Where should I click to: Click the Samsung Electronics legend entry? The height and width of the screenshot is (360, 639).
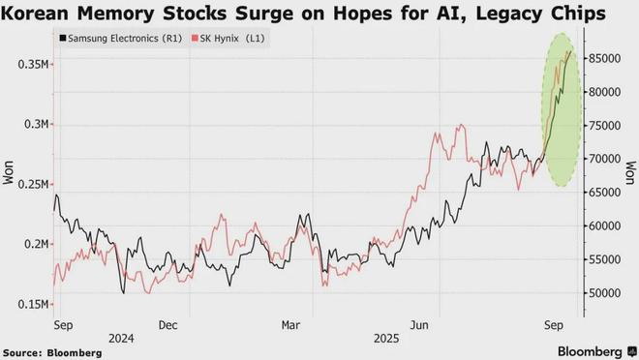coord(121,39)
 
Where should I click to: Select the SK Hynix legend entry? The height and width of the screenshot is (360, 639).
coord(228,39)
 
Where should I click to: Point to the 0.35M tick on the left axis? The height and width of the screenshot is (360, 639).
coord(34,64)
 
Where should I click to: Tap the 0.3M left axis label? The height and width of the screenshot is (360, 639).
coord(37,124)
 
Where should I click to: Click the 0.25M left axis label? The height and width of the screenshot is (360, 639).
coord(34,184)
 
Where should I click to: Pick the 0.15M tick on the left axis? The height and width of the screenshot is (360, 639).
coord(34,304)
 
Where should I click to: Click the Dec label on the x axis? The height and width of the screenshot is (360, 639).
coord(167,325)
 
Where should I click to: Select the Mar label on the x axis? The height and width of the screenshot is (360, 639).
coord(291,325)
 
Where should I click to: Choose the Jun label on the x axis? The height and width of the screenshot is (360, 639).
coord(419,325)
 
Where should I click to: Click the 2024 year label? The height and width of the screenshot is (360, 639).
coord(121,339)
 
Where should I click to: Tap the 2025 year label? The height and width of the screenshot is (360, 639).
coord(386,339)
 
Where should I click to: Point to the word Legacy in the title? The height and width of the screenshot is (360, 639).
coord(507,14)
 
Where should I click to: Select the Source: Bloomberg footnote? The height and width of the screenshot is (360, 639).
coord(52,352)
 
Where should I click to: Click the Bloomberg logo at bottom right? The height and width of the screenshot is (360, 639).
coord(596,351)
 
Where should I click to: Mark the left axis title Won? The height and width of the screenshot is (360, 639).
coord(8,172)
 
